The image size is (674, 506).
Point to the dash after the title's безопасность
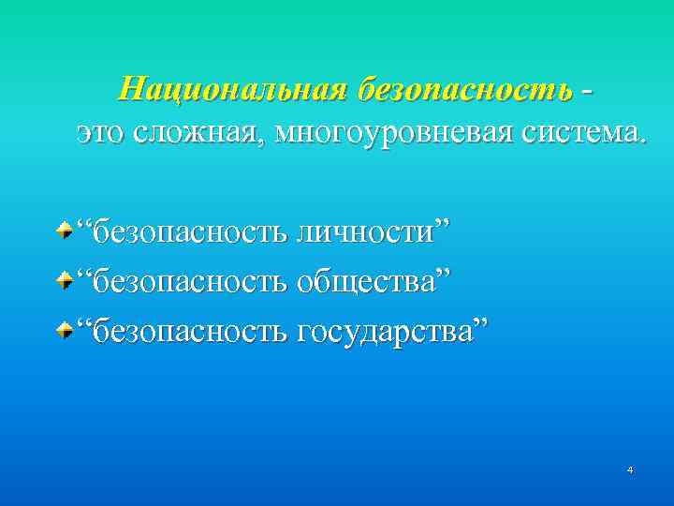point(586,91)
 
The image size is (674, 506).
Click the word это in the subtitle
point(103,133)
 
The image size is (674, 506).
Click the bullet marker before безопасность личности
point(63,230)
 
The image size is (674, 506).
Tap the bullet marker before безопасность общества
point(63,279)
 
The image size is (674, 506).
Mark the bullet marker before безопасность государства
point(63,329)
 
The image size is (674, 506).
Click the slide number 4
point(630,469)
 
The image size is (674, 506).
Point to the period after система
point(641,141)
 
